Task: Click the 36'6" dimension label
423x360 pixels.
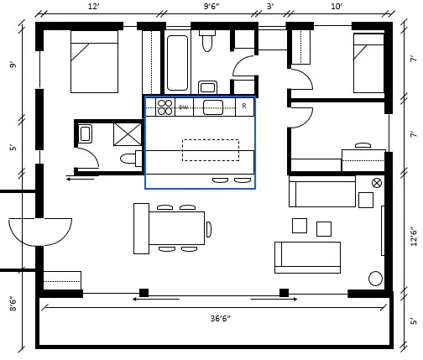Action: pos(220,318)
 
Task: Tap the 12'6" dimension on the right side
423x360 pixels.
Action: pos(412,236)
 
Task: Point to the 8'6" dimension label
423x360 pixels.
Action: pos(12,303)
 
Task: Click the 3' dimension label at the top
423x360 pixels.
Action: pos(270,7)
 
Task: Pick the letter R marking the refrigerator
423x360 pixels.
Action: pos(244,107)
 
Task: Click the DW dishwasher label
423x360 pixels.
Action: pos(183,107)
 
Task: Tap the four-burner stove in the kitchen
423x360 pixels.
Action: pos(164,107)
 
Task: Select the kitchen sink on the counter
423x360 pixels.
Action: pos(213,107)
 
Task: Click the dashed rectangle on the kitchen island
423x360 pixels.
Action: pos(210,149)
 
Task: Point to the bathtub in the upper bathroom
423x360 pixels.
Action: pos(177,62)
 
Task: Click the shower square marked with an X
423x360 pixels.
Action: pos(128,134)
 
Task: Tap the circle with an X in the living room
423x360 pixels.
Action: pos(377,182)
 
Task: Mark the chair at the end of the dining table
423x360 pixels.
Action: pos(208,229)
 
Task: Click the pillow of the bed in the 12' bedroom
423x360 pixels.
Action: pos(94,38)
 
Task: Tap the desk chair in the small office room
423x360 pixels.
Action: pos(363,146)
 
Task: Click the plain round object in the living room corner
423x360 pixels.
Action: pos(375,278)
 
